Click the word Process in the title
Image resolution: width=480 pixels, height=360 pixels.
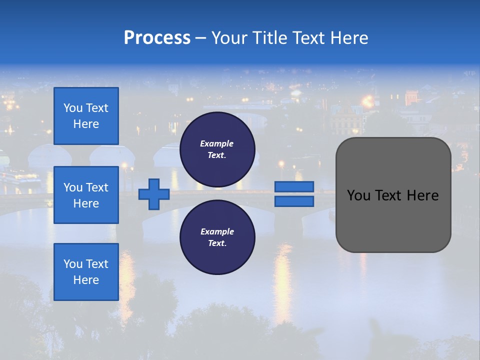pyautogui.click(x=157, y=38)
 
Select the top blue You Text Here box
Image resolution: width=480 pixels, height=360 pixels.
pyautogui.click(x=86, y=116)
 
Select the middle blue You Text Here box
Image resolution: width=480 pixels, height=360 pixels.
pyautogui.click(x=86, y=195)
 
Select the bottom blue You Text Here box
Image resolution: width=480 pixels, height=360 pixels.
pyautogui.click(x=86, y=271)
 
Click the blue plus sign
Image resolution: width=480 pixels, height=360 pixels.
pyautogui.click(x=154, y=194)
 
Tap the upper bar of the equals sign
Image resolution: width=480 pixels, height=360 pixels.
pyautogui.click(x=294, y=186)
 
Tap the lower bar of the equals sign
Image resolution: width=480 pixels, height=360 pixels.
pyautogui.click(x=294, y=201)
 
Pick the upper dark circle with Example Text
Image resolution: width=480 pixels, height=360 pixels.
pyautogui.click(x=217, y=149)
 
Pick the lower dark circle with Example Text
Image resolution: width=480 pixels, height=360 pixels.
pyautogui.click(x=217, y=237)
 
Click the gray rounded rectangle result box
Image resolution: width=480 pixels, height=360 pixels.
pyautogui.click(x=393, y=220)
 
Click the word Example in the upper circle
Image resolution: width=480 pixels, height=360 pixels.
pyautogui.click(x=216, y=143)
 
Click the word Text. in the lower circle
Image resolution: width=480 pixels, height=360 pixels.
pyautogui.click(x=217, y=243)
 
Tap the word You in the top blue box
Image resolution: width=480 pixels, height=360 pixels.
pyautogui.click(x=72, y=108)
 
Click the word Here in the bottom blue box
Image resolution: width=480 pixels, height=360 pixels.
pyautogui.click(x=86, y=280)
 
